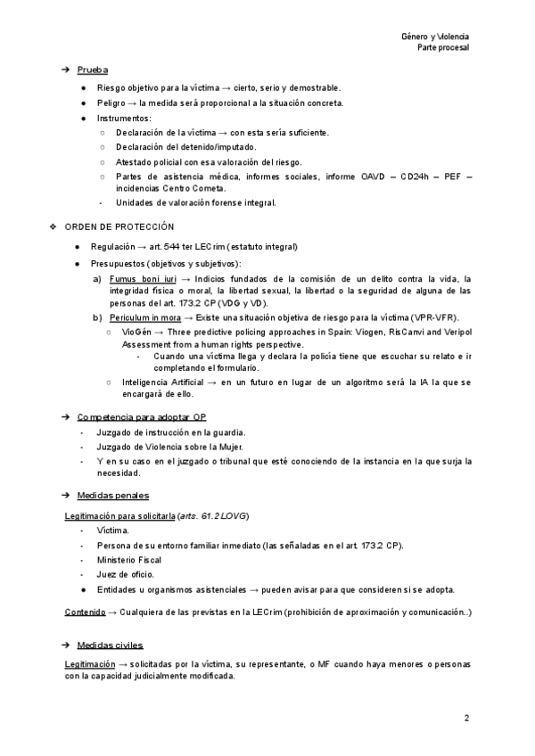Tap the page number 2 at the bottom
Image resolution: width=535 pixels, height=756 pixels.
(466, 718)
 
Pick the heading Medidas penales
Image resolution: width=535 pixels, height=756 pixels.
(113, 495)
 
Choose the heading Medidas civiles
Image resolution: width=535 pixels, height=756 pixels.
(111, 645)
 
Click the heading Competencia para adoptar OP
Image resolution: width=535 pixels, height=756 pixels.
(141, 417)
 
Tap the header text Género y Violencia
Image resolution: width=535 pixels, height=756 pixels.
(436, 37)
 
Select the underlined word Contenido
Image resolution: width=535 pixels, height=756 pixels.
(84, 612)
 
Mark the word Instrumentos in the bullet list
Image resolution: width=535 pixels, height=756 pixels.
(124, 118)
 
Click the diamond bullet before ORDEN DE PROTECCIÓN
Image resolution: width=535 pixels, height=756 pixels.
(53, 226)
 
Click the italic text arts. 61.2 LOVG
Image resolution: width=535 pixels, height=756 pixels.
(213, 516)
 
